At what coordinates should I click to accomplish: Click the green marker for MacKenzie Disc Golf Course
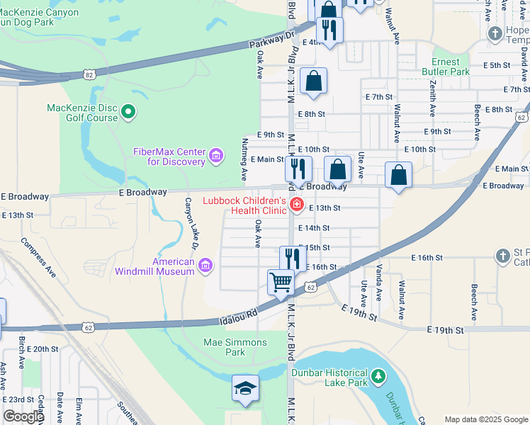point(128,110)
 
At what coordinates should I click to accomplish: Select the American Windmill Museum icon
point(205,266)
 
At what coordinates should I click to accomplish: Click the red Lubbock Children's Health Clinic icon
point(296,205)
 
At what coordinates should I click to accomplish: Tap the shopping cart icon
point(281,282)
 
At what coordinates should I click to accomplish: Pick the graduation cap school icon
point(245,389)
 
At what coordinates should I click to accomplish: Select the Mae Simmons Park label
point(235,347)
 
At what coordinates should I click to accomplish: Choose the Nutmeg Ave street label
point(244,159)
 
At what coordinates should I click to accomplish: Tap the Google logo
point(23,416)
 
